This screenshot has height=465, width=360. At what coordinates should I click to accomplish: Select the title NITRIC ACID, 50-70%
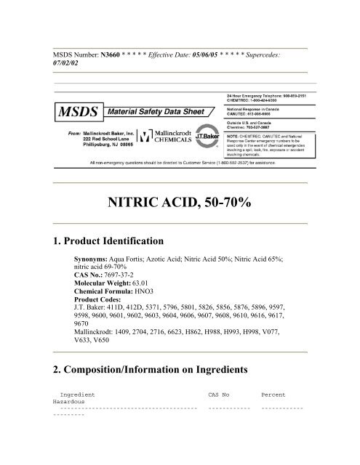(x=180, y=201)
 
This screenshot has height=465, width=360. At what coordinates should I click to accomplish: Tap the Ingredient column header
(x=75, y=395)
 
